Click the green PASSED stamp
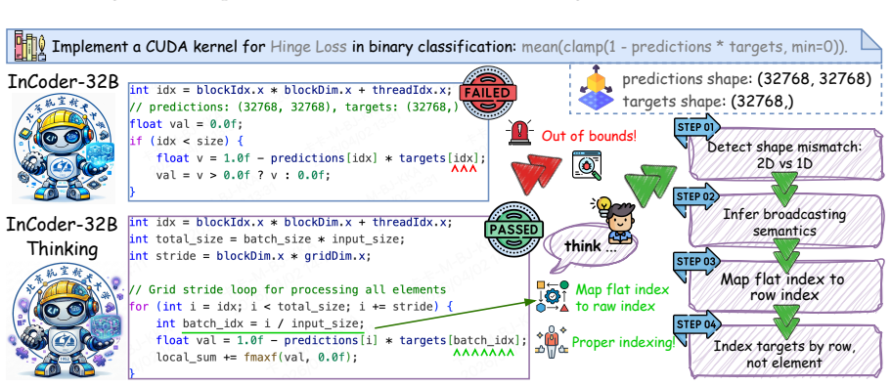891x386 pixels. click(510, 230)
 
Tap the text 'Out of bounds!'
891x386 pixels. click(589, 136)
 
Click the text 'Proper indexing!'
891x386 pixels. click(623, 342)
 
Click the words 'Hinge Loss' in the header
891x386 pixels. click(308, 46)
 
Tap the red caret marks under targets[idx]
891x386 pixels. click(464, 169)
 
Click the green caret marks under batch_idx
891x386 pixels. click(483, 353)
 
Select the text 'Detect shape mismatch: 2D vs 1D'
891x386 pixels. click(784, 155)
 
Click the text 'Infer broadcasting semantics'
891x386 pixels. click(784, 223)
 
